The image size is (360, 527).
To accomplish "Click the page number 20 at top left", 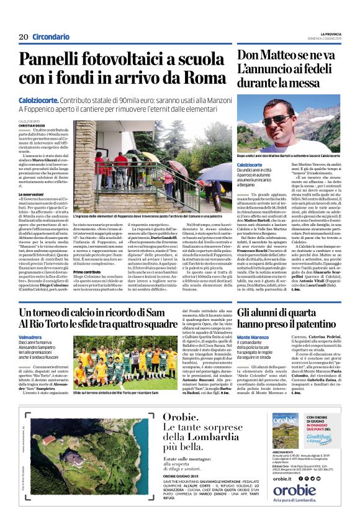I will [24, 37].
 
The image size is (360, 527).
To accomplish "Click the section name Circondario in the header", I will [51, 37].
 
